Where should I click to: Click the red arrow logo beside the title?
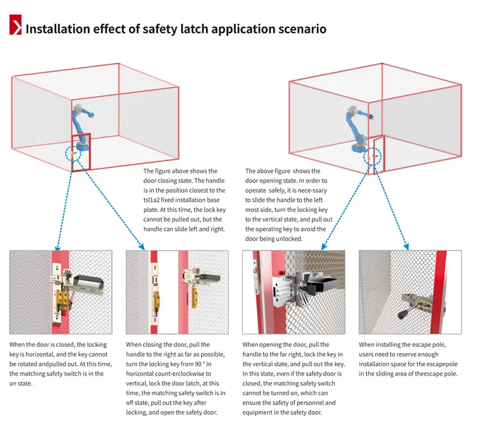(x=15, y=28)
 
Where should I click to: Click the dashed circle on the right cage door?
(x=374, y=155)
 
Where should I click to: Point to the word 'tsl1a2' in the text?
(x=154, y=200)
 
